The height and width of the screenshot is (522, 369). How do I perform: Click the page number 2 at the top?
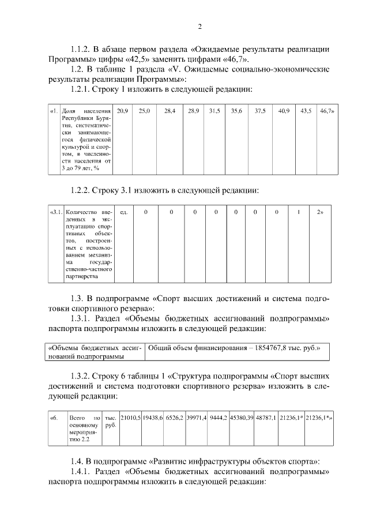[199, 27]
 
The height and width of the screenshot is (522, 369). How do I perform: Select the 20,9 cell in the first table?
[122, 110]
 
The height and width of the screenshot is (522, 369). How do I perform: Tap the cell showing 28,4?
[170, 110]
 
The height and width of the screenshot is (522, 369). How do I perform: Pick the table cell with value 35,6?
[236, 110]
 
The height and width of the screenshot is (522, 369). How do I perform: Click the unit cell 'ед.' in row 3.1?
[122, 212]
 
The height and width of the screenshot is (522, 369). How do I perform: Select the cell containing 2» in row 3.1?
[320, 212]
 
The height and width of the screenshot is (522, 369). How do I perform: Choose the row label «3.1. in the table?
[56, 212]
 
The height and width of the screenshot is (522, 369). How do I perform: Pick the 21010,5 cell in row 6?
[130, 416]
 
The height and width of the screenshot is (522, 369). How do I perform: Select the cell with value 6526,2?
[174, 416]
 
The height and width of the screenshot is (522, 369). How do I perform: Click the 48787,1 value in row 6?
[266, 416]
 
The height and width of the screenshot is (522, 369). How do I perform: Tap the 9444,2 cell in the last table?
[219, 416]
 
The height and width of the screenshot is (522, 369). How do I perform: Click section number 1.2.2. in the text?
[85, 190]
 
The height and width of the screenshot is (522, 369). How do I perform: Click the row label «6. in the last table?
[54, 416]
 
